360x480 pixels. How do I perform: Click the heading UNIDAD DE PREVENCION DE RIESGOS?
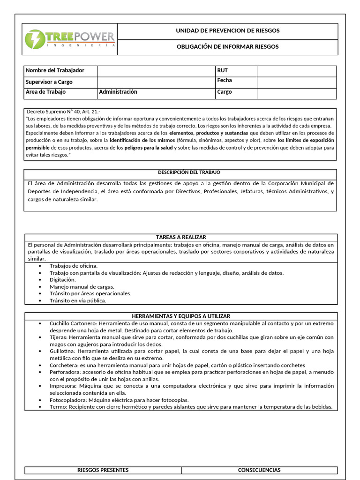[227, 31]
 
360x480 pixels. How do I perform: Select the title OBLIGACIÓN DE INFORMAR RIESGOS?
[227, 47]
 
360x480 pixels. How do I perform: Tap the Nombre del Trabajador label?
[55, 70]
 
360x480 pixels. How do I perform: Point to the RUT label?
[222, 70]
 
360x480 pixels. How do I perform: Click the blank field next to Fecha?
[296, 82]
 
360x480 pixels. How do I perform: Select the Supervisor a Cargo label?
[49, 82]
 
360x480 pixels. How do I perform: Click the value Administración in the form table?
[118, 92]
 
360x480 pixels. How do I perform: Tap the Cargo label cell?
[225, 92]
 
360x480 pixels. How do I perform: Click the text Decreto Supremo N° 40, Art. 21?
[63, 112]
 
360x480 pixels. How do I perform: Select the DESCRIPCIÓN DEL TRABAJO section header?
[180, 172]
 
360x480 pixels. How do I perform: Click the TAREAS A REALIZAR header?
[180, 237]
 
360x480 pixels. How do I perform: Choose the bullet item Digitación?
[63, 279]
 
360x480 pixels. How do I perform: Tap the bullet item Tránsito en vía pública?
[78, 300]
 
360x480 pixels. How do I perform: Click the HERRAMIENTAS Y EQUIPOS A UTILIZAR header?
[180, 316]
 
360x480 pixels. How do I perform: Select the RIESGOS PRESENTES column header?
[103, 470]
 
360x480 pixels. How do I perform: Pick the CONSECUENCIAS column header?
[259, 470]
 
